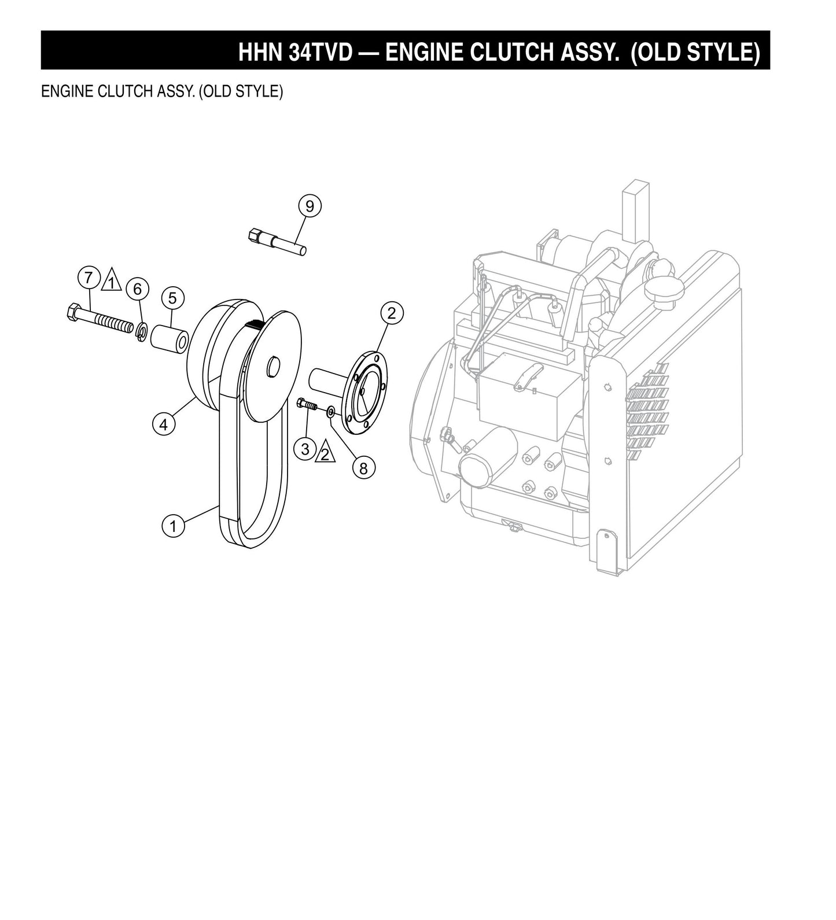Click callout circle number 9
coord(310,206)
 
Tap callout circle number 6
coord(138,289)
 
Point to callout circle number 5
coord(172,298)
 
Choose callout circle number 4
coord(164,424)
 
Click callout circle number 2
coord(392,313)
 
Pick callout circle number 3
coord(305,448)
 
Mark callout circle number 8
coord(363,468)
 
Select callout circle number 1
coord(172,526)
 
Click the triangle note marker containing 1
coord(111,282)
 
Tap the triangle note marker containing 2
coord(325,453)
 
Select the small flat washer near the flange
coord(330,411)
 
